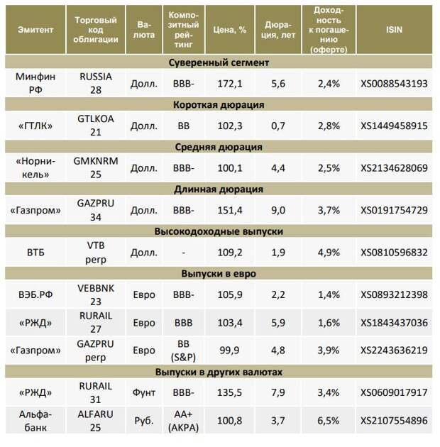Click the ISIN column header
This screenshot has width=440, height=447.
394,30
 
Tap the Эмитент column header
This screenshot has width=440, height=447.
35,30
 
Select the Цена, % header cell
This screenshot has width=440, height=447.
229,30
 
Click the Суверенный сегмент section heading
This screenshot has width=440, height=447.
219,62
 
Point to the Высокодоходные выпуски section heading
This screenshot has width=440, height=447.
219,231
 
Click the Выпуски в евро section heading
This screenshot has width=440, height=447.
219,274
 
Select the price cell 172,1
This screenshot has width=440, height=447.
230,84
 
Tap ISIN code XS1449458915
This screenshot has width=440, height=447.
394,126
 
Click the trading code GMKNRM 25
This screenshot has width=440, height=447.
96,167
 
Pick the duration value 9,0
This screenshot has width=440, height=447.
278,210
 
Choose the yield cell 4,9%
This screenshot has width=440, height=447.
329,253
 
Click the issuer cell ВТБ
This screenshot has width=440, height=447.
35,253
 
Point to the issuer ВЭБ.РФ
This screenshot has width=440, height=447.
35,294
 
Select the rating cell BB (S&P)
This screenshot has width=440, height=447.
183,351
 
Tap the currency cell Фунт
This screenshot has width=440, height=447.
144,392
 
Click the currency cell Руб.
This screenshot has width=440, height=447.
144,421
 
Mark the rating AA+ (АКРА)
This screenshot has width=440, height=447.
183,421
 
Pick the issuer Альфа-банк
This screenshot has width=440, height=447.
35,421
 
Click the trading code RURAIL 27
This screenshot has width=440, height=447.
96,322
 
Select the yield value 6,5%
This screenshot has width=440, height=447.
329,421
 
